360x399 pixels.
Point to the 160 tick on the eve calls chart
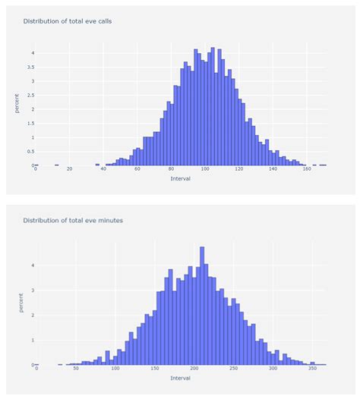click(x=308, y=168)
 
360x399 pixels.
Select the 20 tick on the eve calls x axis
click(x=69, y=168)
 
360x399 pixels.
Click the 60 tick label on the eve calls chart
click(x=137, y=168)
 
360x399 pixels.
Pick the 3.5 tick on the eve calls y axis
click(x=31, y=67)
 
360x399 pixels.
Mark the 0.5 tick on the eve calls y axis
click(x=31, y=151)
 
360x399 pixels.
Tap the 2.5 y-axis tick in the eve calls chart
click(x=31, y=95)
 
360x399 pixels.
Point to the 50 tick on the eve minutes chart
click(x=75, y=369)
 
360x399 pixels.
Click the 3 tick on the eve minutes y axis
click(x=33, y=291)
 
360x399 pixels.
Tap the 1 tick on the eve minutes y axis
click(x=33, y=340)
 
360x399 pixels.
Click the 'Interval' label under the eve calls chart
click(x=181, y=179)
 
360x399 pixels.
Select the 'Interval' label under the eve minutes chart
click(x=181, y=378)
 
